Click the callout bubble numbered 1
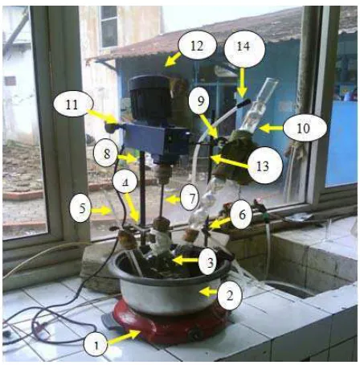96,344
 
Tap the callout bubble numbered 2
230,296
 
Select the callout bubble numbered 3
211,262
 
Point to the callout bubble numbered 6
242,215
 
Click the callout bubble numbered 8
107,154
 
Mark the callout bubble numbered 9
201,101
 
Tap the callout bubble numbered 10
305,128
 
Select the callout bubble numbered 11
73,104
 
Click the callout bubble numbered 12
198,46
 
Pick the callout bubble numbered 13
264,166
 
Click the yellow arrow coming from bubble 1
124,338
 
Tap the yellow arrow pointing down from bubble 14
242,83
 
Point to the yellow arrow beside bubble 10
271,128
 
